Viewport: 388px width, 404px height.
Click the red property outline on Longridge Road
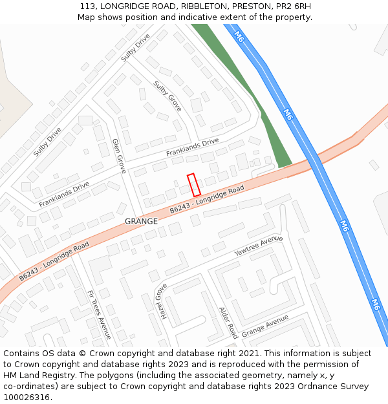[193, 185]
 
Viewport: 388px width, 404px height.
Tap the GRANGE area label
[141, 221]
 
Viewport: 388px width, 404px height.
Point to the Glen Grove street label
[119, 156]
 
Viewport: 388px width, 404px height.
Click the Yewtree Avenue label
[259, 246]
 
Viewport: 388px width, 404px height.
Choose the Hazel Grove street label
[160, 301]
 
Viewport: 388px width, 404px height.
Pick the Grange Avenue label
[264, 326]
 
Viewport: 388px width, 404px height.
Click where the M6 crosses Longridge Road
[315, 162]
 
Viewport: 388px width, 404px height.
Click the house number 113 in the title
[89, 6]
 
